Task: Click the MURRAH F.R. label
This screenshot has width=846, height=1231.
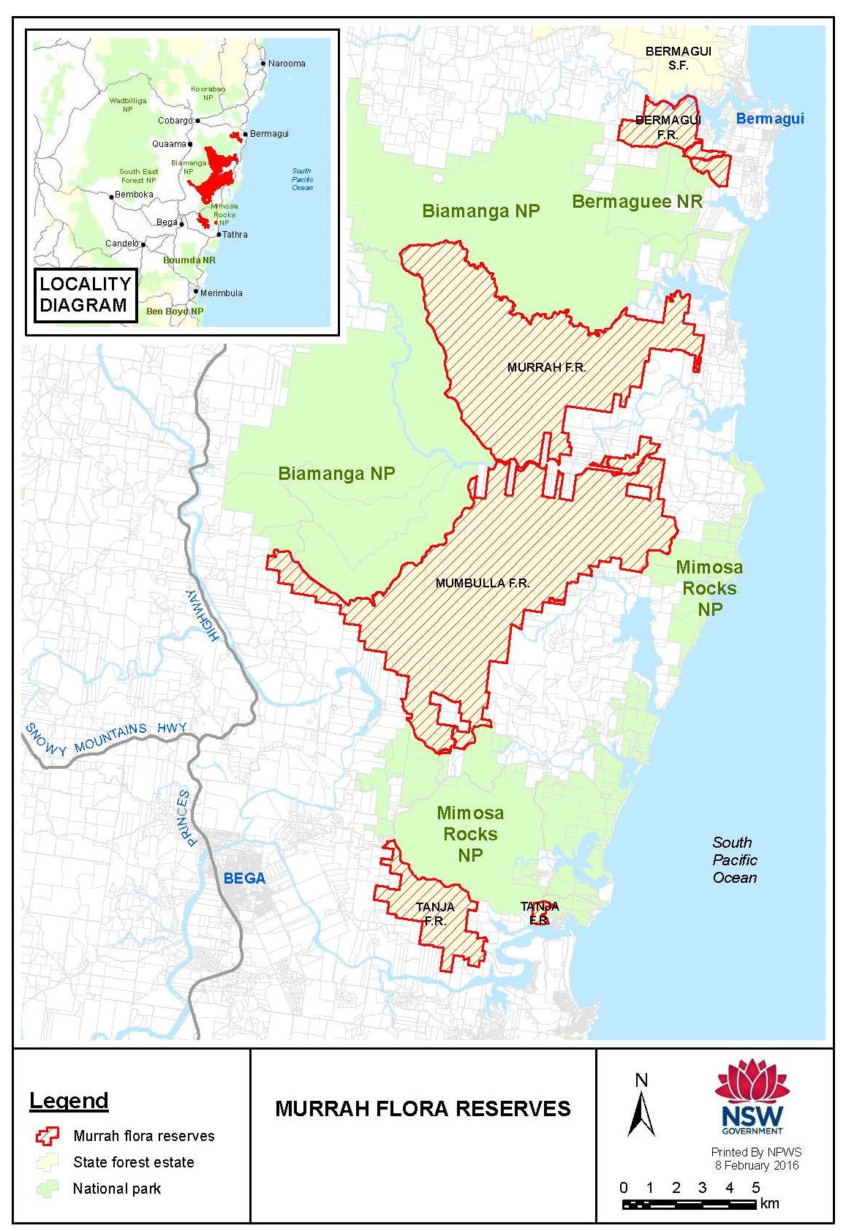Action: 546,367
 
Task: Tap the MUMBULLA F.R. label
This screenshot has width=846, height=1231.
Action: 482,583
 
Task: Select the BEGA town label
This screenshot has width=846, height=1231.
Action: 244,878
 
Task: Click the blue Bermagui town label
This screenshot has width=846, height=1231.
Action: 769,118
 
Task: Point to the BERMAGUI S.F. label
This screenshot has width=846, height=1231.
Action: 678,58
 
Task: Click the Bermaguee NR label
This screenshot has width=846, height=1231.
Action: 636,202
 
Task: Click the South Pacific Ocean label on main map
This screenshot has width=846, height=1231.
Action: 734,860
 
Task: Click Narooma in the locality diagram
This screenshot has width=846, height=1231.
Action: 286,64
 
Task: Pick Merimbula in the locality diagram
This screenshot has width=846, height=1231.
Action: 221,293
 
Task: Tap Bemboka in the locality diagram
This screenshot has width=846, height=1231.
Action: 133,195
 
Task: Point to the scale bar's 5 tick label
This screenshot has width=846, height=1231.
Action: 755,1187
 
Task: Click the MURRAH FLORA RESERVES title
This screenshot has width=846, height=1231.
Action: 423,1109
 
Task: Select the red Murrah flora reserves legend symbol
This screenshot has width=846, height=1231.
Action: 48,1136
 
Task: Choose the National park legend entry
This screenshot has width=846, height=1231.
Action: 116,1189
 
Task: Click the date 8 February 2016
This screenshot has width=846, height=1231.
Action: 756,1165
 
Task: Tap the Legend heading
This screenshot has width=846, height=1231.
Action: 69,1100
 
